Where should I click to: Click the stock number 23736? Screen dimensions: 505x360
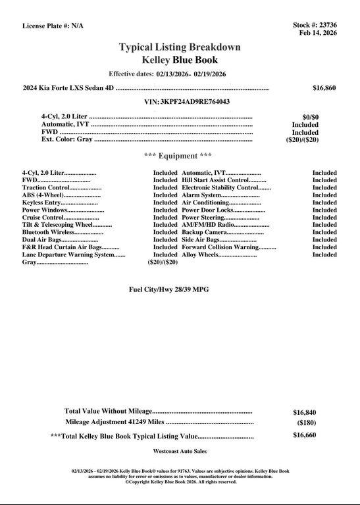pos(326,25)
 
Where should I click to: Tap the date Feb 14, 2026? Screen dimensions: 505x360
pos(318,32)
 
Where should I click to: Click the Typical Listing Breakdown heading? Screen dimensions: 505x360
pos(180,47)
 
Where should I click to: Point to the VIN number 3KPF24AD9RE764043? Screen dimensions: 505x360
pos(195,102)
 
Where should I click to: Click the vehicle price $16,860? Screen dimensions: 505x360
pos(324,87)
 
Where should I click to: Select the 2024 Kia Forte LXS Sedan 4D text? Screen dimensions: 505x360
pos(68,87)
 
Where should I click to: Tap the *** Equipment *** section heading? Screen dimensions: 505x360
pos(178,156)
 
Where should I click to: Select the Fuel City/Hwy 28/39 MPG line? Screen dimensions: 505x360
pos(168,289)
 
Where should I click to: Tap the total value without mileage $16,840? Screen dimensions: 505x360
pos(305,412)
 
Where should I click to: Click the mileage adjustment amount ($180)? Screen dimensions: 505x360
pos(307,423)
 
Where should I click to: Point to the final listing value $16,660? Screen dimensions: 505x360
pos(305,435)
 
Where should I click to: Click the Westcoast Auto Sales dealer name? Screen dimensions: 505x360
pos(180,452)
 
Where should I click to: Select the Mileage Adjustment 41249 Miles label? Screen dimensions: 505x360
pos(115,422)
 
